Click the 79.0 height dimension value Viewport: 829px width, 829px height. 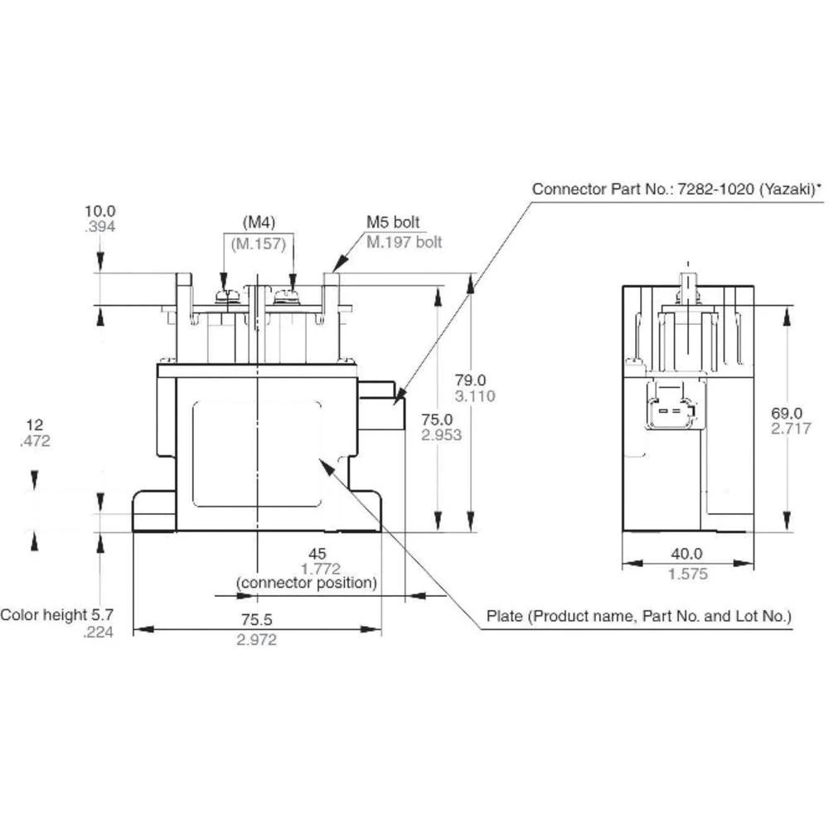[475, 380]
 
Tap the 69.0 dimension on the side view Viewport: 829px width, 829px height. [787, 413]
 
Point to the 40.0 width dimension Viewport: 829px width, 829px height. [687, 554]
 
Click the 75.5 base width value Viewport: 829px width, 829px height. [256, 620]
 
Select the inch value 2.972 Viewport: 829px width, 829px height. [256, 639]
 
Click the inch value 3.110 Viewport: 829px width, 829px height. [475, 396]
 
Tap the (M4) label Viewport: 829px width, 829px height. [259, 222]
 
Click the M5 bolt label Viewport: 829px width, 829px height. [393, 223]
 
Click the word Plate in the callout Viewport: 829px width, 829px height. [504, 617]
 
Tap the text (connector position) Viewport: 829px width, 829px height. [307, 583]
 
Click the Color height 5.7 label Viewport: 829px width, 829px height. [56, 615]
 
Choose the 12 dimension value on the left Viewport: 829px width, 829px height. [34, 424]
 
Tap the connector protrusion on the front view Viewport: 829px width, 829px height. [381, 405]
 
